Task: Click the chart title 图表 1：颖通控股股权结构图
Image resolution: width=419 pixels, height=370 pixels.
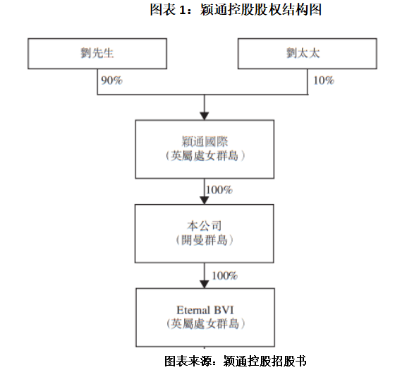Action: (x=236, y=10)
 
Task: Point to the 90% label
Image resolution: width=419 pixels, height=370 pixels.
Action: (x=111, y=80)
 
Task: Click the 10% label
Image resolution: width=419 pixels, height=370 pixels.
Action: (x=324, y=80)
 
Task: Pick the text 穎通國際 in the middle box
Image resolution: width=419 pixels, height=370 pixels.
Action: (x=205, y=141)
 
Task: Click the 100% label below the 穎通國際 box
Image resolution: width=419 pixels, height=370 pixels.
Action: (x=219, y=190)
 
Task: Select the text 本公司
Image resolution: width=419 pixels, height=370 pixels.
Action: (x=205, y=226)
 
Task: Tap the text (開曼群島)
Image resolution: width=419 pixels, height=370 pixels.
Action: (x=205, y=240)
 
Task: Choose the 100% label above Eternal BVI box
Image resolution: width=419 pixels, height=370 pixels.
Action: (x=225, y=275)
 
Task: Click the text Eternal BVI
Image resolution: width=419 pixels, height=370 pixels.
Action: (x=205, y=311)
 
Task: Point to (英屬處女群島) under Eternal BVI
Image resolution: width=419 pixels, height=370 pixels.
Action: (x=205, y=323)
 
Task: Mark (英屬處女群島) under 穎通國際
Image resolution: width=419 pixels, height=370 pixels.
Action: (x=205, y=155)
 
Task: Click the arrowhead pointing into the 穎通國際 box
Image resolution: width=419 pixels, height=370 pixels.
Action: (x=205, y=116)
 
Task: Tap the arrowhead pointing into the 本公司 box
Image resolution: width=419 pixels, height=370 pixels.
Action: (x=205, y=200)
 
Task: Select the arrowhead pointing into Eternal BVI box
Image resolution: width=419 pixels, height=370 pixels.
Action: (x=205, y=284)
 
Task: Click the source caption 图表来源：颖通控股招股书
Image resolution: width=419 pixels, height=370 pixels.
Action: (x=235, y=361)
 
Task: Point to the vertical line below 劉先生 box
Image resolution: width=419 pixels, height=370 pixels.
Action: (x=97, y=82)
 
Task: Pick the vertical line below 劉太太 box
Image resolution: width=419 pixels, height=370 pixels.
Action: (x=308, y=82)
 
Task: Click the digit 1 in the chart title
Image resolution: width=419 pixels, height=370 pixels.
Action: (x=182, y=10)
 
